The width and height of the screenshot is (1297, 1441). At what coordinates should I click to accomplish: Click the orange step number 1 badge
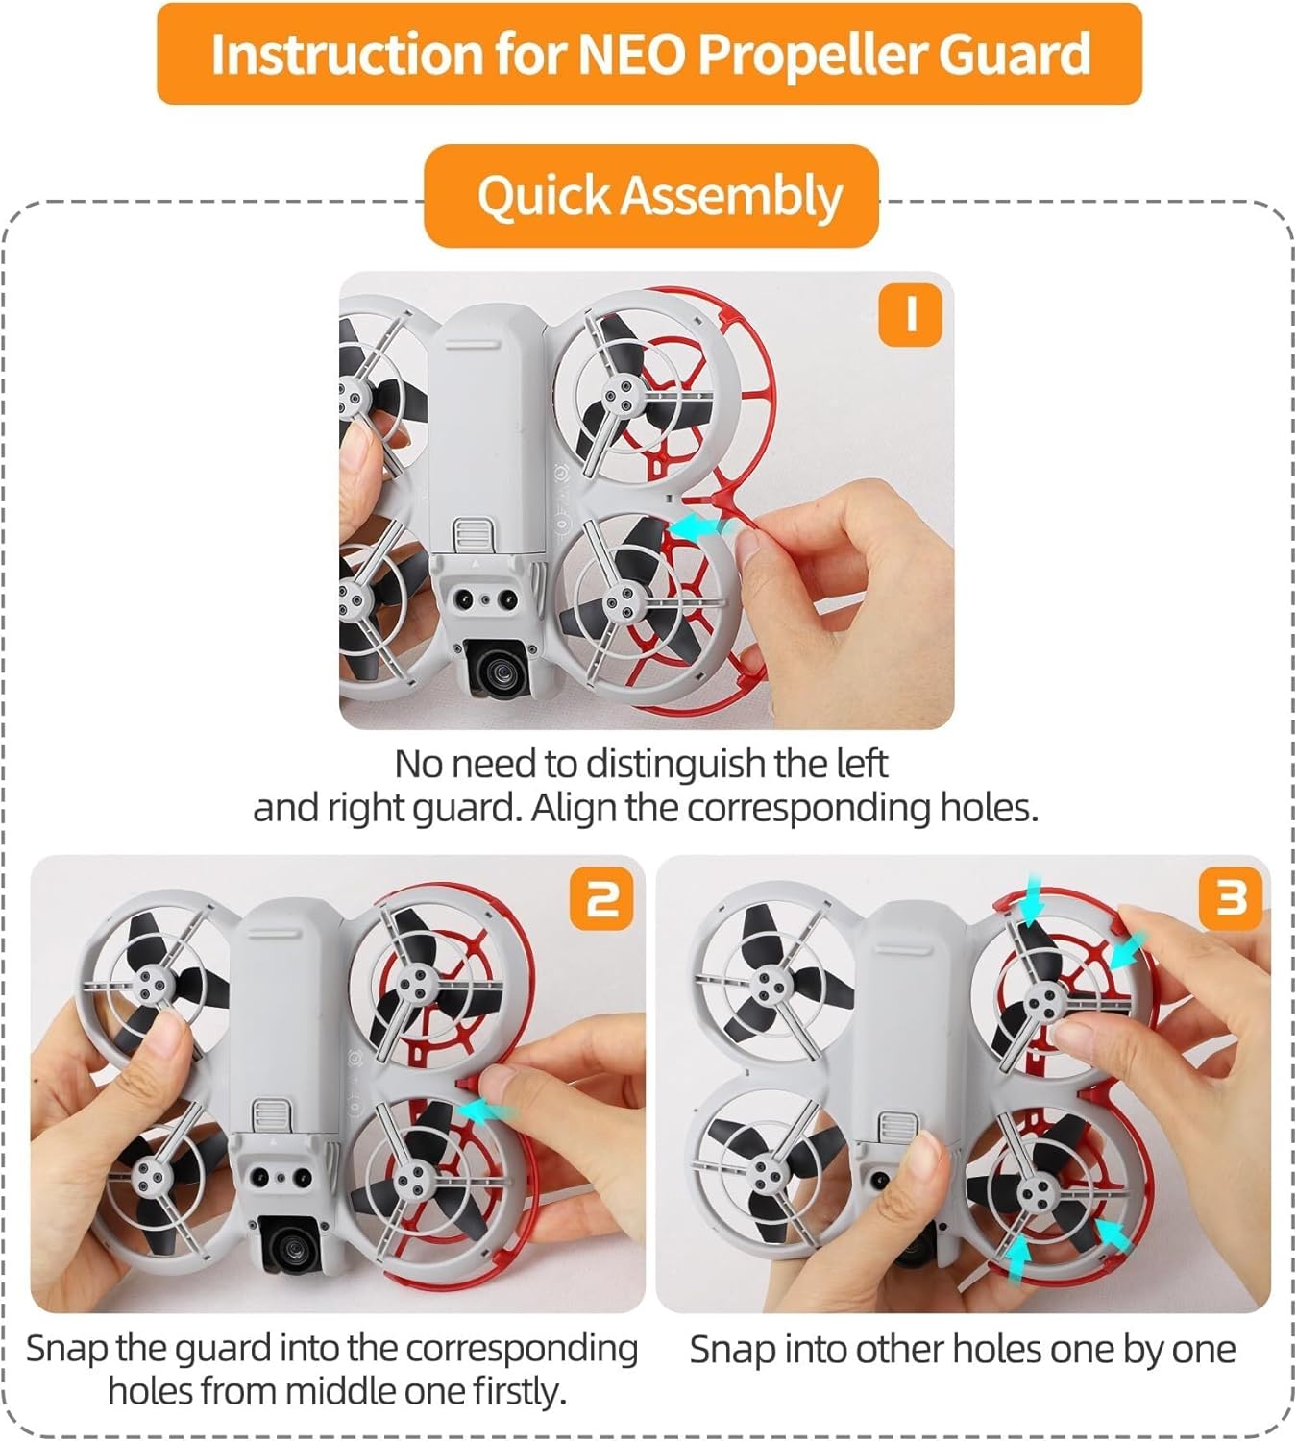(x=911, y=315)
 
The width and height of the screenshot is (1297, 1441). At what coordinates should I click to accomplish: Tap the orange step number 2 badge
(x=601, y=898)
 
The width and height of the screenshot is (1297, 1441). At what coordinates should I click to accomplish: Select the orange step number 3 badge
(x=1230, y=898)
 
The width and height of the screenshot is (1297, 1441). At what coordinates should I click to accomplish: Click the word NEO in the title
(x=632, y=54)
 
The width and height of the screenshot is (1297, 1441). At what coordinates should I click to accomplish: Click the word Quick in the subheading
(x=544, y=196)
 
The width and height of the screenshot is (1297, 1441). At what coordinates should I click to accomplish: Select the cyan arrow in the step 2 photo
(x=486, y=1111)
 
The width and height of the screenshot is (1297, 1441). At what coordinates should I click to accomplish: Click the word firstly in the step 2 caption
(x=519, y=1392)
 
